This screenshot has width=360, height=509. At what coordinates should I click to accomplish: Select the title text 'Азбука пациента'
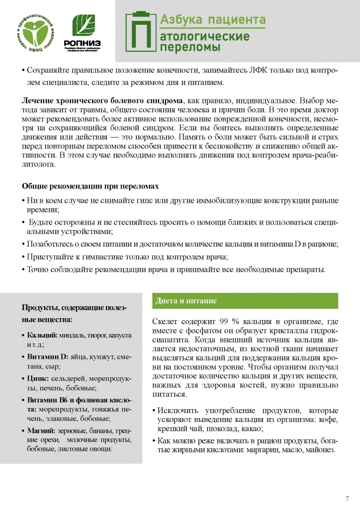(x=212, y=20)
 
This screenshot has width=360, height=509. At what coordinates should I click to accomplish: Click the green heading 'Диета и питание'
(x=186, y=301)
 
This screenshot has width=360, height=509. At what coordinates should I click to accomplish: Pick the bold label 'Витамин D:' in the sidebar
(x=47, y=357)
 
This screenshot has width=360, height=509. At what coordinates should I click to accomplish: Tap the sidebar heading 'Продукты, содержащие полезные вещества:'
(x=74, y=313)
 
